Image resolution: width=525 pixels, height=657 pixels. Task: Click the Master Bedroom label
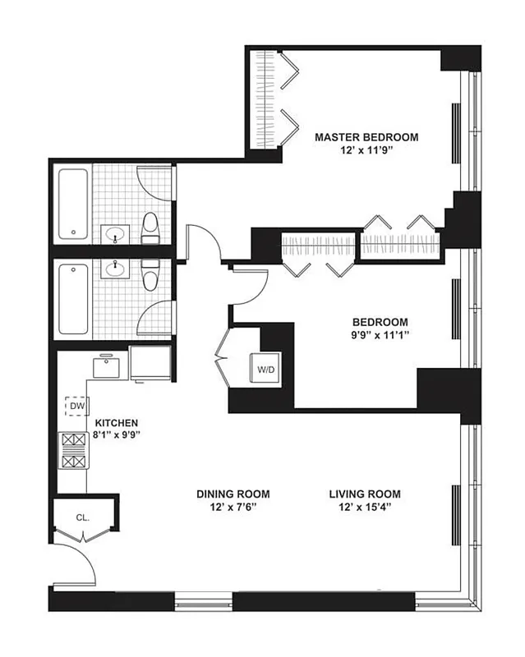click(x=366, y=137)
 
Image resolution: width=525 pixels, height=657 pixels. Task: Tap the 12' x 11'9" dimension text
click(x=366, y=151)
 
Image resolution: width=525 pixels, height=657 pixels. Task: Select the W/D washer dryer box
click(x=266, y=370)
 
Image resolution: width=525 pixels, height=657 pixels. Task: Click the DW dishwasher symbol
click(x=76, y=407)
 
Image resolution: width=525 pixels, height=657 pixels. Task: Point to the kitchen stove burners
click(x=73, y=451)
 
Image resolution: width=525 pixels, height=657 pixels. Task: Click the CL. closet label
click(x=82, y=517)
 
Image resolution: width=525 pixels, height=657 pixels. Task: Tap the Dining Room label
click(x=233, y=494)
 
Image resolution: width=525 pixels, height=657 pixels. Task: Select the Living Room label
click(x=365, y=494)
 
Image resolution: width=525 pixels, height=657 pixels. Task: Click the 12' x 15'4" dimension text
click(x=365, y=508)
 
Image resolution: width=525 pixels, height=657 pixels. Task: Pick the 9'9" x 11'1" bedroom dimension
click(x=380, y=336)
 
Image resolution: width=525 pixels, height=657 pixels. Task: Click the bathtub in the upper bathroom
click(x=73, y=204)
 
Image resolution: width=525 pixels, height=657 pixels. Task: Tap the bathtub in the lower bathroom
click(x=73, y=299)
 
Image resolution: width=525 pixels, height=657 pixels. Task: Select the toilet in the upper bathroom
click(x=150, y=227)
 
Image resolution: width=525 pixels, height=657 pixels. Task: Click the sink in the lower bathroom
click(x=115, y=269)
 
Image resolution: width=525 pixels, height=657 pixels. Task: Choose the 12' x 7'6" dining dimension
click(x=233, y=508)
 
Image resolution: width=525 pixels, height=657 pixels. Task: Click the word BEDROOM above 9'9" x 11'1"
click(x=380, y=322)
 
